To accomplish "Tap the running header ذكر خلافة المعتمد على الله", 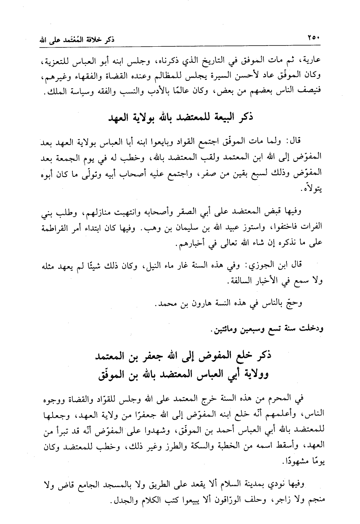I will (79, 39).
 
